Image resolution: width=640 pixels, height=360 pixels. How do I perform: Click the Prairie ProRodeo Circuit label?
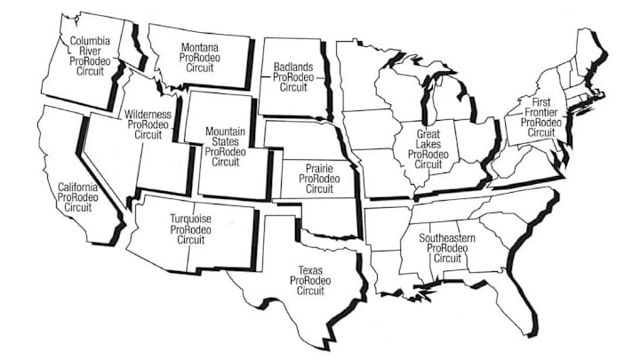[x=318, y=178]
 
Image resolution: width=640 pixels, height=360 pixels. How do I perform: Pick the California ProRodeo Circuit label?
[x=78, y=196]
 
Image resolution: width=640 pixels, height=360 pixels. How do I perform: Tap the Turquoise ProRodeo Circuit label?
[x=190, y=228]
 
